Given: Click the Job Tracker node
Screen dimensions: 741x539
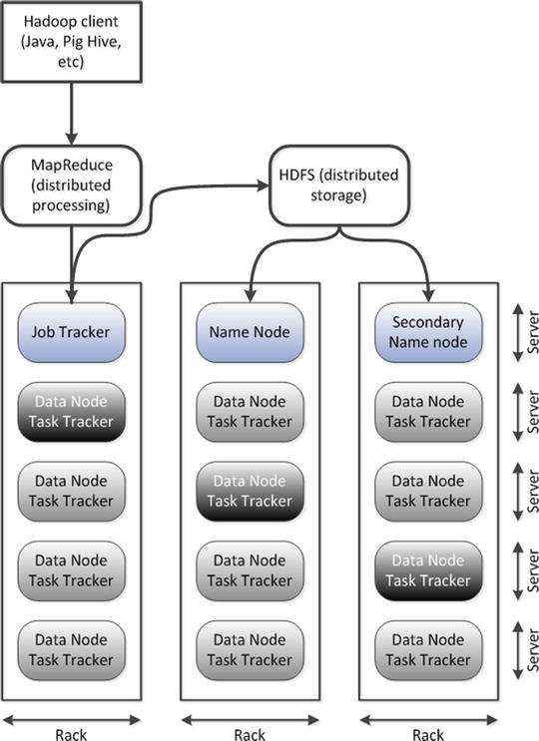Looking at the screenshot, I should pyautogui.click(x=72, y=331).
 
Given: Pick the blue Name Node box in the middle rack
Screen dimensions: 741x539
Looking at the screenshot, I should pyautogui.click(x=250, y=331).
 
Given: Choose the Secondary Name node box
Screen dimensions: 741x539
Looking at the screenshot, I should pyautogui.click(x=429, y=331).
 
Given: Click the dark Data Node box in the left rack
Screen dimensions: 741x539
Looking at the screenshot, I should pyautogui.click(x=72, y=411).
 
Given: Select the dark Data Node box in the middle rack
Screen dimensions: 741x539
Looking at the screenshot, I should pyautogui.click(x=250, y=491).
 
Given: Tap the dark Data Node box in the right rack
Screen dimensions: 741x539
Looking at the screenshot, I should pyautogui.click(x=429, y=570).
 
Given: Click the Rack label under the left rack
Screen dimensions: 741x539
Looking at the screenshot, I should pyautogui.click(x=72, y=734).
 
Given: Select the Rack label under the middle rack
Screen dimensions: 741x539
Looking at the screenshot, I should pyautogui.click(x=250, y=734).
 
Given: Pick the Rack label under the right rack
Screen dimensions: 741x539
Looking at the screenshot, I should pyautogui.click(x=429, y=734).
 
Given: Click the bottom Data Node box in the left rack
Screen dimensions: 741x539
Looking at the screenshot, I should pyautogui.click(x=72, y=650).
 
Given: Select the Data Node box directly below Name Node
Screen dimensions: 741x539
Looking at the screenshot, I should pyautogui.click(x=250, y=411).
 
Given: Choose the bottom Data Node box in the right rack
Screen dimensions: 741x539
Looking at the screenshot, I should pyautogui.click(x=429, y=650).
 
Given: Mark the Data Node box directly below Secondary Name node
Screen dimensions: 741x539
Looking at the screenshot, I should pyautogui.click(x=429, y=411).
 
